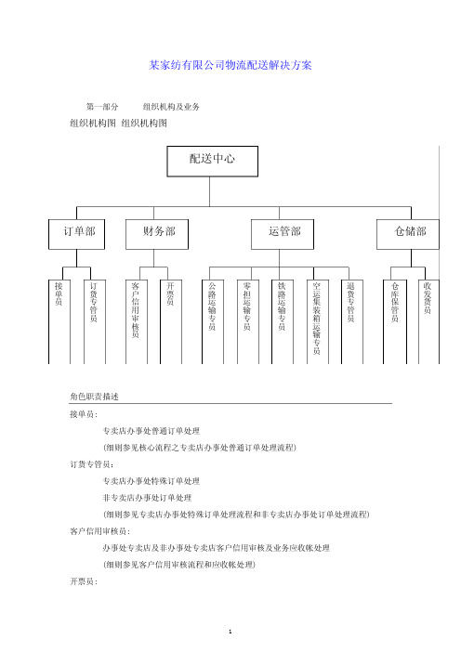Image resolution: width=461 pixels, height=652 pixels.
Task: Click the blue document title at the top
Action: pyautogui.click(x=230, y=65)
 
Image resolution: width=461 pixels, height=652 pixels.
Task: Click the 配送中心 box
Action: pyautogui.click(x=212, y=161)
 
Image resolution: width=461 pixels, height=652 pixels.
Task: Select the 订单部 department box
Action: pyautogui.click(x=76, y=234)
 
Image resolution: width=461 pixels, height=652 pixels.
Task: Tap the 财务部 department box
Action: pyautogui.click(x=157, y=234)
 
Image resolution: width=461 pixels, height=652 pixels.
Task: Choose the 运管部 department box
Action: pyautogui.click(x=283, y=234)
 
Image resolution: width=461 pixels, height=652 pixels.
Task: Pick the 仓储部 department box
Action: pyautogui.click(x=408, y=234)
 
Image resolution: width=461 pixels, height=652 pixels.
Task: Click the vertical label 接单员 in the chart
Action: pyautogui.click(x=59, y=293)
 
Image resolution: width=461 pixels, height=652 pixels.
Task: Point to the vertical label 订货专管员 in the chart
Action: pyautogui.click(x=94, y=302)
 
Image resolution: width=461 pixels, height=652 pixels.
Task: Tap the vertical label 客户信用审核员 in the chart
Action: pyautogui.click(x=136, y=310)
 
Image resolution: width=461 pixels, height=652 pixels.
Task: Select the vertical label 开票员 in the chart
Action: pyautogui.click(x=170, y=293)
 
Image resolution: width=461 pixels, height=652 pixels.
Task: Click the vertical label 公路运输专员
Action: pyautogui.click(x=212, y=306)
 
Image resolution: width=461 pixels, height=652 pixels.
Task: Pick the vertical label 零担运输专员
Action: pyautogui.click(x=247, y=306)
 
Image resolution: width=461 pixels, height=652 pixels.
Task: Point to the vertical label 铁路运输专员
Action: pyautogui.click(x=283, y=306)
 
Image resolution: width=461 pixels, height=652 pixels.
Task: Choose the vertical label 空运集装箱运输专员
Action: pyautogui.click(x=317, y=318)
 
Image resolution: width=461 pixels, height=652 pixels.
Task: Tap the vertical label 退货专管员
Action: pyautogui.click(x=351, y=302)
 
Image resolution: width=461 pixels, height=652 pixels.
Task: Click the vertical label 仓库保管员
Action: pyautogui.click(x=395, y=302)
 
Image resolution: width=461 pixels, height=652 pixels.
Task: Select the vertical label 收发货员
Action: pyautogui.click(x=428, y=298)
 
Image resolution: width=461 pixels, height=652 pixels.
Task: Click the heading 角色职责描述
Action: pyautogui.click(x=95, y=397)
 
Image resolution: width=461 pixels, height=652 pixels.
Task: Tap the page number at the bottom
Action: pyautogui.click(x=230, y=632)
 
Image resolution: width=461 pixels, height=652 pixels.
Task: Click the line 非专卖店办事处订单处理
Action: pyautogui.click(x=147, y=498)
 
